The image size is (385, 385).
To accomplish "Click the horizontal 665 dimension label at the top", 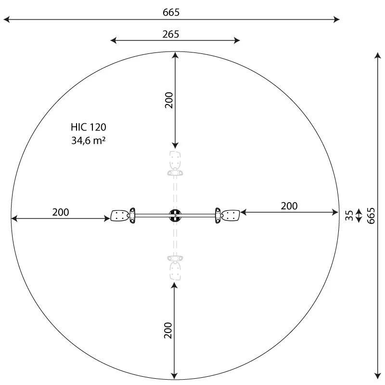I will [171, 13].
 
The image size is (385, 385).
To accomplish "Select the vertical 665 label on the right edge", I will [371, 216].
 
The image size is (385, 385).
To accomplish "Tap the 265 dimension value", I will [171, 34].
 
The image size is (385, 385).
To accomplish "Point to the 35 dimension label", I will [350, 215].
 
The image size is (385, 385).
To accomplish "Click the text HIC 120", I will [88, 128].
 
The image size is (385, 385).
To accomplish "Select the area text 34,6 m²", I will [88, 141].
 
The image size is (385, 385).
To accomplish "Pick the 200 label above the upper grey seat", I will [168, 100].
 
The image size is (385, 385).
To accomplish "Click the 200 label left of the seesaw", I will [61, 212].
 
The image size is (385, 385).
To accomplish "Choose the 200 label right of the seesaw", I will [289, 206].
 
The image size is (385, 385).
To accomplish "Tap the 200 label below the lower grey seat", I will [167, 331].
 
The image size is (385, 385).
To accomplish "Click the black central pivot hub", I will [175, 215].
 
